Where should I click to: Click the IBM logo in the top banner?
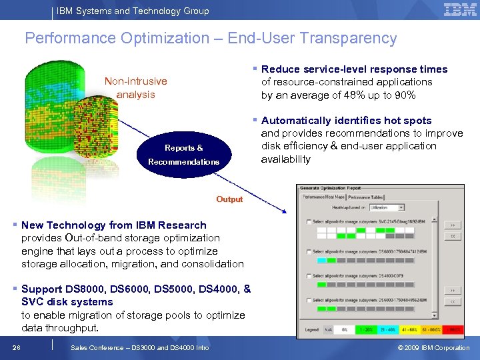460,10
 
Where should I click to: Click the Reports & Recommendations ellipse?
184,155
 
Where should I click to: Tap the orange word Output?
229,199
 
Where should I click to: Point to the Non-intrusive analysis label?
135,87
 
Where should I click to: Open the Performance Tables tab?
367,197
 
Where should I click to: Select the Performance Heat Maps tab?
323,197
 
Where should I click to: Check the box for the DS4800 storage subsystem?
307,276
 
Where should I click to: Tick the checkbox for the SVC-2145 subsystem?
307,221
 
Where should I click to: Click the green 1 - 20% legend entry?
366,329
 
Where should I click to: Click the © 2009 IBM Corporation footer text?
433,348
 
